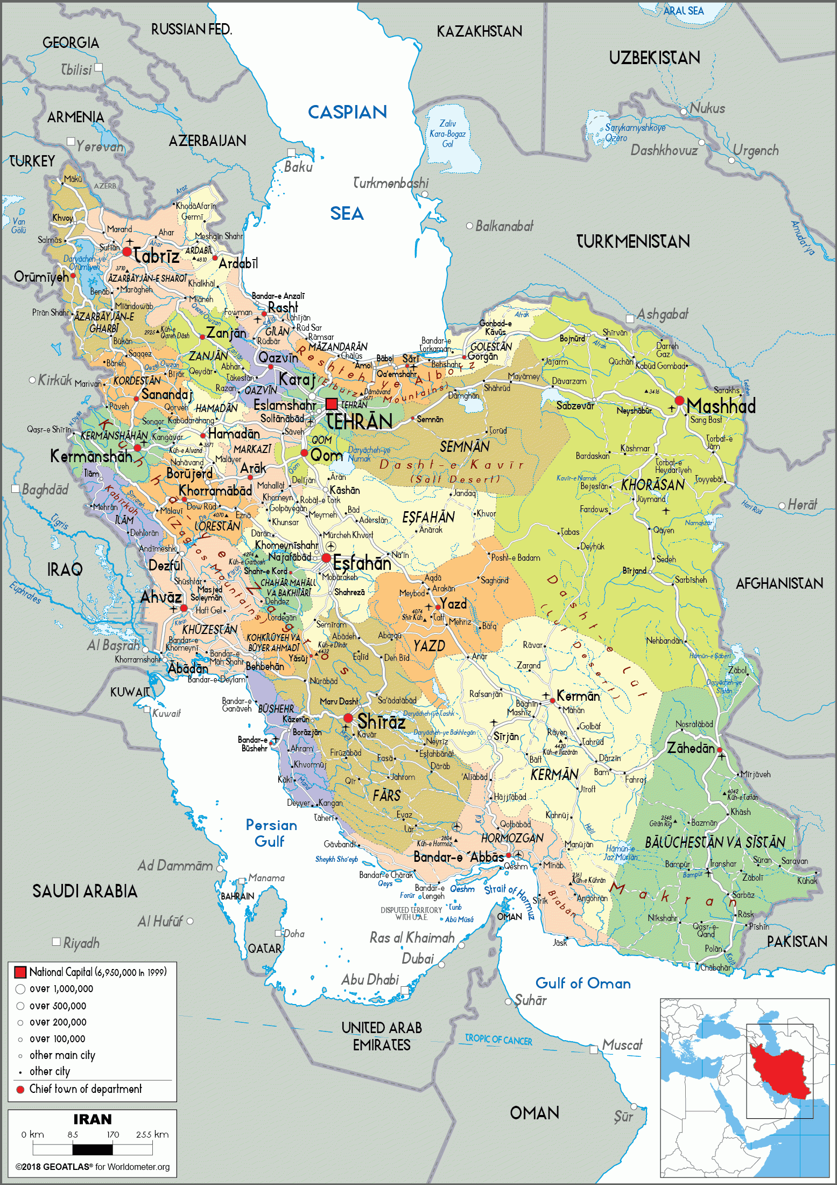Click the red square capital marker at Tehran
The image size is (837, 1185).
pyautogui.click(x=332, y=403)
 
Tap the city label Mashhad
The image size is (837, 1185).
pyautogui.click(x=721, y=406)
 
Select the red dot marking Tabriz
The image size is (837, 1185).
pyautogui.click(x=127, y=252)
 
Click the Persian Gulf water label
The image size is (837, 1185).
pyautogui.click(x=271, y=833)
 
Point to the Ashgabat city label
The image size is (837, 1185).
pyautogui.click(x=662, y=314)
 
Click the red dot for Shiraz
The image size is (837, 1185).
pyautogui.click(x=348, y=718)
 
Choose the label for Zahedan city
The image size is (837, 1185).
pyautogui.click(x=691, y=748)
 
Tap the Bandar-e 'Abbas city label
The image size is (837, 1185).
pyautogui.click(x=458, y=856)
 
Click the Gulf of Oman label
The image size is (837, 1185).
pyautogui.click(x=582, y=984)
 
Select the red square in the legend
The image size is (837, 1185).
pyautogui.click(x=20, y=972)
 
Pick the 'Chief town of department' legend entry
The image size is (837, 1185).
pyautogui.click(x=85, y=1089)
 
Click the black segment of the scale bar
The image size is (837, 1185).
pyautogui.click(x=93, y=1149)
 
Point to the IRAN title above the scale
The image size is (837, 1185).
pyautogui.click(x=93, y=1119)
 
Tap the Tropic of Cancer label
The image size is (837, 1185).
pyautogui.click(x=498, y=1040)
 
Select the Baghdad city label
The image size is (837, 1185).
pyautogui.click(x=45, y=490)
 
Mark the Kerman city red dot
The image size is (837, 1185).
pyautogui.click(x=552, y=701)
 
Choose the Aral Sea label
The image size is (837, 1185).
pyautogui.click(x=683, y=11)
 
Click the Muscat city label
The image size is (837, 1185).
pyautogui.click(x=622, y=1045)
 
